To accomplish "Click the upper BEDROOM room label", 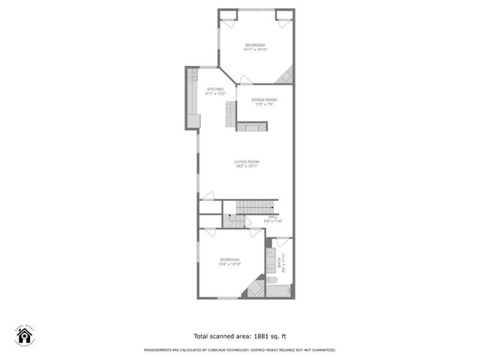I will click(x=255, y=46).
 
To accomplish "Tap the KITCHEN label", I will click(x=216, y=89).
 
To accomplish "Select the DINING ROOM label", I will click(x=264, y=100).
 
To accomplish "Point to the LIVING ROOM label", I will click(x=246, y=162).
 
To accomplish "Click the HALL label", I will click(x=273, y=217).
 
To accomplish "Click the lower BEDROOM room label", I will click(x=229, y=259).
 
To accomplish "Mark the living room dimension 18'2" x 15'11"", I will click(x=246, y=167).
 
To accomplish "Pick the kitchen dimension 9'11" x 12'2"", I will click(x=216, y=94).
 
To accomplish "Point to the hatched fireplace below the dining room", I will click(x=252, y=127).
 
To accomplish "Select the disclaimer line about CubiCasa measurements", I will click(x=240, y=350).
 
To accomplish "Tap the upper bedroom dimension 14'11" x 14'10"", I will click(x=255, y=50).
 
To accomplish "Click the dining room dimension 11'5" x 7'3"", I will click(x=264, y=104).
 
